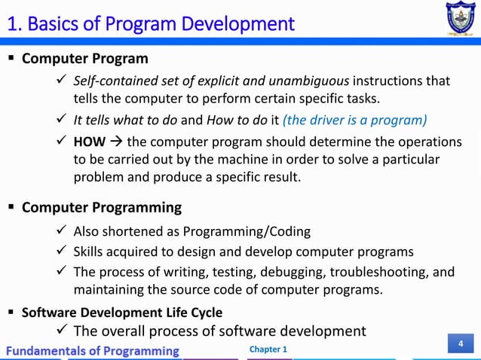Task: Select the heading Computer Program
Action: point(85,59)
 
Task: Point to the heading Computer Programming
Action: point(102,207)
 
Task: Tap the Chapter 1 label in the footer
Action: point(268,349)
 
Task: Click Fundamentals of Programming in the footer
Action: point(94,350)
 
